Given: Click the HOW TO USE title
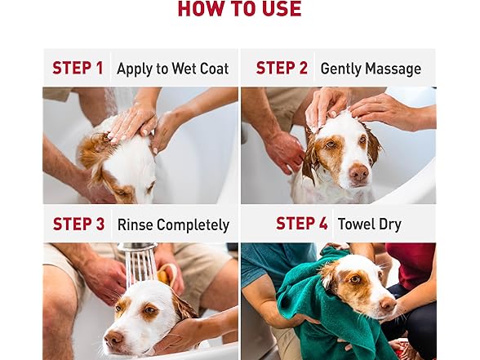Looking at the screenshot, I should click(x=239, y=10).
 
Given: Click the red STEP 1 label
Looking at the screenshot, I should click(x=78, y=69).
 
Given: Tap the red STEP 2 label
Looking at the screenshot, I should click(x=282, y=69).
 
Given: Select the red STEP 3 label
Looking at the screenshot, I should click(x=78, y=224).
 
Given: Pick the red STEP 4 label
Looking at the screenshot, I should click(x=301, y=224).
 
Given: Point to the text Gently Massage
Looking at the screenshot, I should click(x=371, y=69).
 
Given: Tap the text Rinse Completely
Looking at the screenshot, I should click(x=173, y=224).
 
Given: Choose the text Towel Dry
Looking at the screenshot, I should click(x=369, y=224).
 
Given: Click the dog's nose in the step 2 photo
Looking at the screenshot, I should click(x=358, y=173).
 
